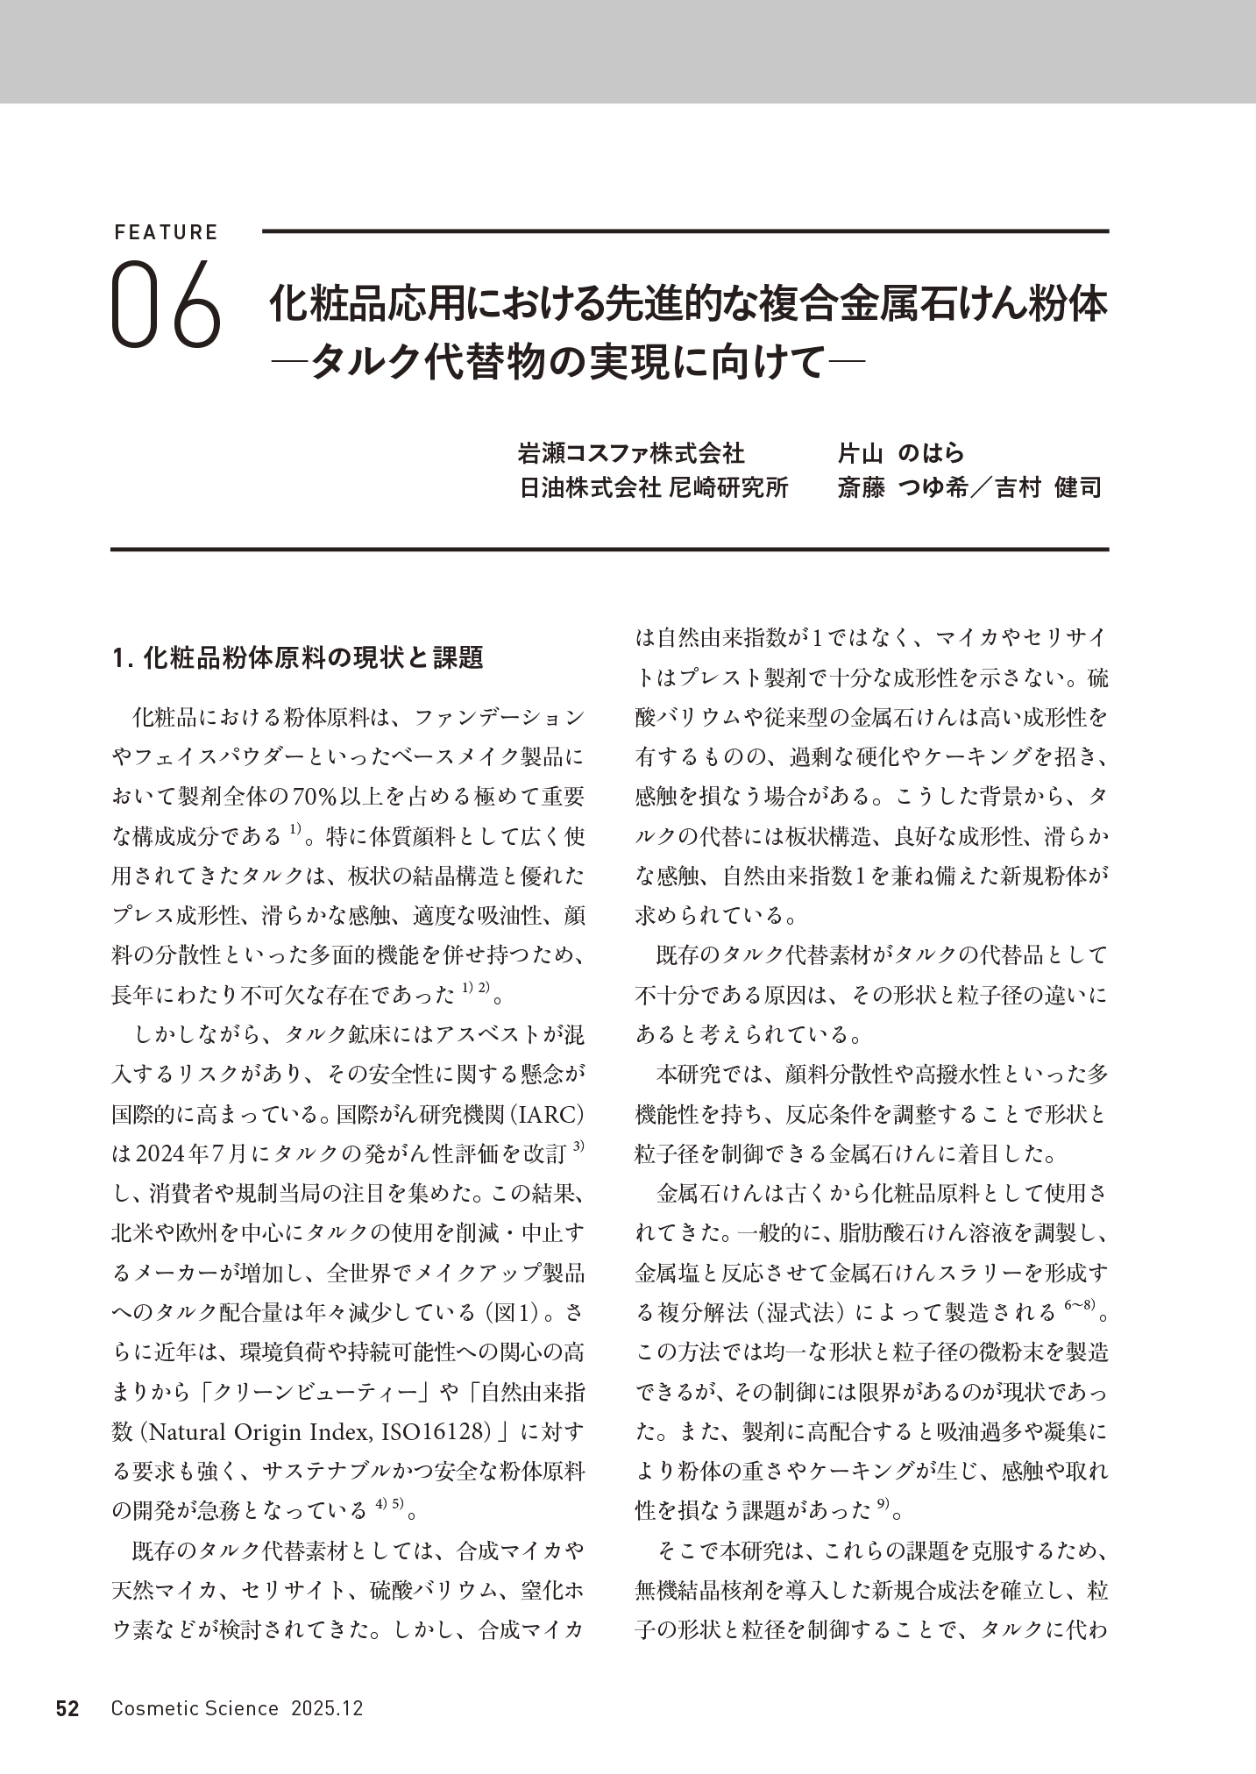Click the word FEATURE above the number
pyautogui.click(x=166, y=233)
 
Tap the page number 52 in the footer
pyautogui.click(x=67, y=1708)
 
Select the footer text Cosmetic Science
pyautogui.click(x=195, y=1708)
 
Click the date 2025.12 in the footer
pyautogui.click(x=328, y=1708)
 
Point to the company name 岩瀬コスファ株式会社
pyautogui.click(x=631, y=453)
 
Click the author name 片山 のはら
pyautogui.click(x=901, y=453)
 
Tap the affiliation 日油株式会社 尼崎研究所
pyautogui.click(x=654, y=487)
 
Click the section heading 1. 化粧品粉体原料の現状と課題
pyautogui.click(x=298, y=657)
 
